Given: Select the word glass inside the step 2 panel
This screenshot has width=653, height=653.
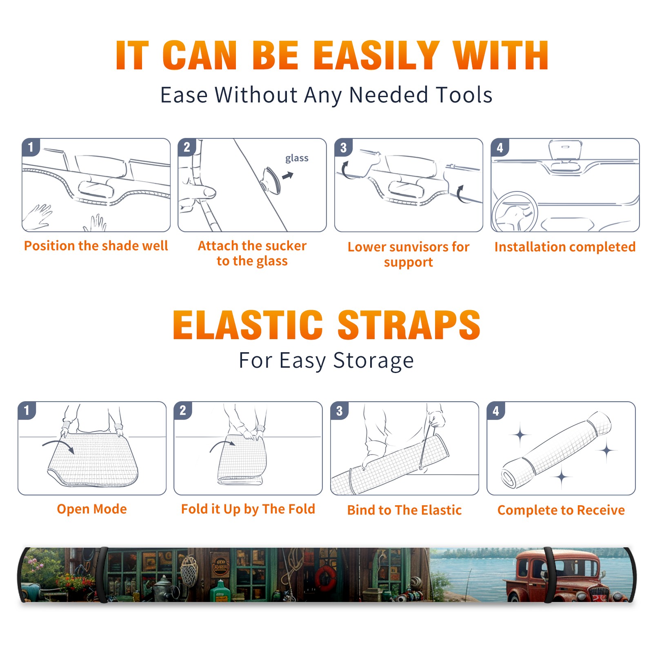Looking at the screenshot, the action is pyautogui.click(x=297, y=158).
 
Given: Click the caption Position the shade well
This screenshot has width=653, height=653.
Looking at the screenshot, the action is pyautogui.click(x=96, y=246).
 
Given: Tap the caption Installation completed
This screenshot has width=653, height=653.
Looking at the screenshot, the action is pyautogui.click(x=565, y=247).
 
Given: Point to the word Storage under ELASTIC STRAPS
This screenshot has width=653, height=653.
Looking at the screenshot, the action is pyautogui.click(x=373, y=361).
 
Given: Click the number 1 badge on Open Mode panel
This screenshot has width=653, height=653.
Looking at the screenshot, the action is pyautogui.click(x=27, y=411).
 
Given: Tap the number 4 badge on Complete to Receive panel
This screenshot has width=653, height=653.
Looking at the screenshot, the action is pyautogui.click(x=496, y=411).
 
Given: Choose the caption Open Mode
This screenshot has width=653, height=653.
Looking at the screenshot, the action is pyautogui.click(x=92, y=509).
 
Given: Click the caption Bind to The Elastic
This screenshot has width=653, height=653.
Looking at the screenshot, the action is pyautogui.click(x=404, y=510).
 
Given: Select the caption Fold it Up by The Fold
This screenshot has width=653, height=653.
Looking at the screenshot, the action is pyautogui.click(x=248, y=509).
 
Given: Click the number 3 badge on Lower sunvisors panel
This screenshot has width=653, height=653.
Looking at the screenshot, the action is pyautogui.click(x=343, y=147).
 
